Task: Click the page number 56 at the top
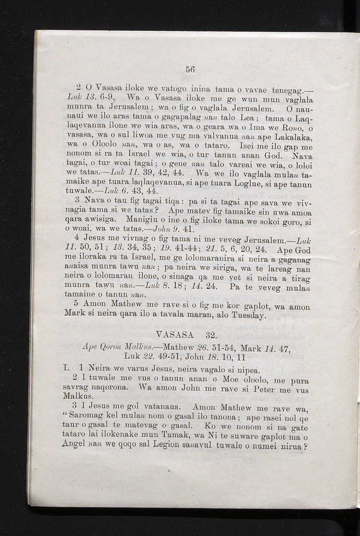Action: [x=190, y=69]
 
